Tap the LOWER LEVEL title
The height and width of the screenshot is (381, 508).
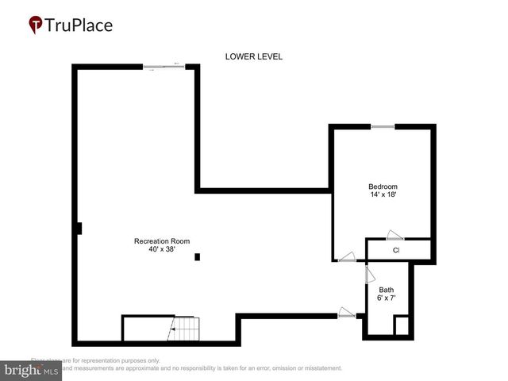click(x=253, y=56)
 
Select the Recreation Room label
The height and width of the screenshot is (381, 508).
click(x=162, y=241)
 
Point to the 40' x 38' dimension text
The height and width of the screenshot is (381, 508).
click(x=162, y=249)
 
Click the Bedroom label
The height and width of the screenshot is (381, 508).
click(x=383, y=187)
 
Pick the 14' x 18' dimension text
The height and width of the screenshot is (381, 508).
click(x=383, y=195)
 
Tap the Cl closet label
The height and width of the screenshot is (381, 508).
click(x=396, y=251)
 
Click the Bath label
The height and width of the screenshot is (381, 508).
click(x=386, y=290)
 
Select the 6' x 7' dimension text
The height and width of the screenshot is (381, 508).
click(x=386, y=298)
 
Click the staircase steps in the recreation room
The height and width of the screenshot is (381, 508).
click(x=186, y=327)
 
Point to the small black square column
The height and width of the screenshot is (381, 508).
click(x=198, y=256)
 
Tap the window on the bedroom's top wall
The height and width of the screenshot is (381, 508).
click(x=383, y=126)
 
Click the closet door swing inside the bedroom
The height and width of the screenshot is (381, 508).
click(x=394, y=234)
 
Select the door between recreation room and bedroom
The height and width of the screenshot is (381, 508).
click(x=346, y=256)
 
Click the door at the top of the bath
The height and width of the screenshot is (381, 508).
click(x=369, y=274)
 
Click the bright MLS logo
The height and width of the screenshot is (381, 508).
click(x=32, y=370)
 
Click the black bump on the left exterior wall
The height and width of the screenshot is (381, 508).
click(x=79, y=229)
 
